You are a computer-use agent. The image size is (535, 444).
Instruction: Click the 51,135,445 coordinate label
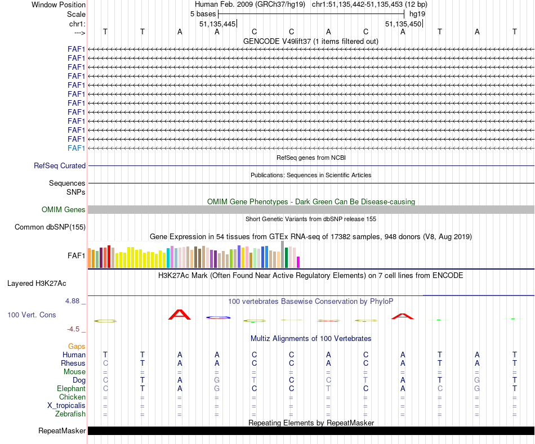217,24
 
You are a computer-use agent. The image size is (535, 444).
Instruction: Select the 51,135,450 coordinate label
403,24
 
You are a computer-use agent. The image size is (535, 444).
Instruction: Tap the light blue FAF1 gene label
76,148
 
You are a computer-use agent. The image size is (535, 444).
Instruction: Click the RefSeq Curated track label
60,166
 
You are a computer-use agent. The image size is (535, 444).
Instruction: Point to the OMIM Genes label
64,210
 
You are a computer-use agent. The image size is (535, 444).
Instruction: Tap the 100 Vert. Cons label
32,315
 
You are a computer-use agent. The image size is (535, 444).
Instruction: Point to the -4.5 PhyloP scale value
74,329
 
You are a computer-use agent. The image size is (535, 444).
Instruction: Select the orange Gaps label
77,347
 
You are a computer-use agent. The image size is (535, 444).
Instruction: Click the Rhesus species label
73,364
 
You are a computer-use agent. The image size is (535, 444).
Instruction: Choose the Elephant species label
71,389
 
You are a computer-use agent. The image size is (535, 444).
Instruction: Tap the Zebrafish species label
71,414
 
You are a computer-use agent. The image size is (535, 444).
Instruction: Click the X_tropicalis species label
66,406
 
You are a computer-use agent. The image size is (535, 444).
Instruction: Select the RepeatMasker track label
62,431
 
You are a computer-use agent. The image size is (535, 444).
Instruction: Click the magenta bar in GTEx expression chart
298,262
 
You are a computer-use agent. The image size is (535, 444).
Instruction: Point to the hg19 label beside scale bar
417,14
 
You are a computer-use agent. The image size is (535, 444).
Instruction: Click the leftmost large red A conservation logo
180,315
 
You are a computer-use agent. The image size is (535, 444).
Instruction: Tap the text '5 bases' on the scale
203,14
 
